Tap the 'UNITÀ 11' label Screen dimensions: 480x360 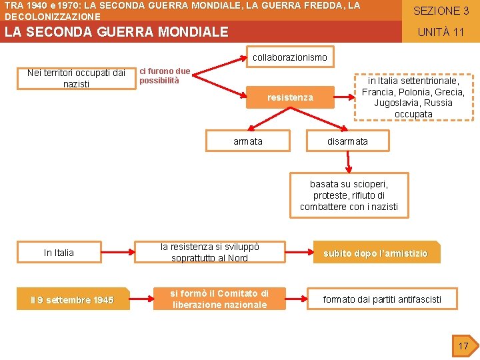point(440,32)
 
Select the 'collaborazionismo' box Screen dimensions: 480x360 point(289,57)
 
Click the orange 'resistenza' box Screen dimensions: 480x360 point(290,97)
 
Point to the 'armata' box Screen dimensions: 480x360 point(248,141)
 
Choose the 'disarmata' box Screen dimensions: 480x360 point(347,141)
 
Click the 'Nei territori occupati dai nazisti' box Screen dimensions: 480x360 point(77,78)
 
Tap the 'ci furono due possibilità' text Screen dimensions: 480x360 point(165,76)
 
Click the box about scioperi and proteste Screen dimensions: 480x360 point(349,195)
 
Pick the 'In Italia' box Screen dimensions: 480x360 point(59,253)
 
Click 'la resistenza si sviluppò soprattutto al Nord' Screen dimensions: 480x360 point(209,252)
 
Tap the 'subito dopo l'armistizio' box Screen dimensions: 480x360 point(375,253)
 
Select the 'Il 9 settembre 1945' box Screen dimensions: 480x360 point(72,300)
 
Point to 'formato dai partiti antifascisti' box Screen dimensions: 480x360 point(382,299)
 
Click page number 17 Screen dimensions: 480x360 point(463,345)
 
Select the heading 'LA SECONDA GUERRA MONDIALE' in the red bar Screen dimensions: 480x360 point(117,32)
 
